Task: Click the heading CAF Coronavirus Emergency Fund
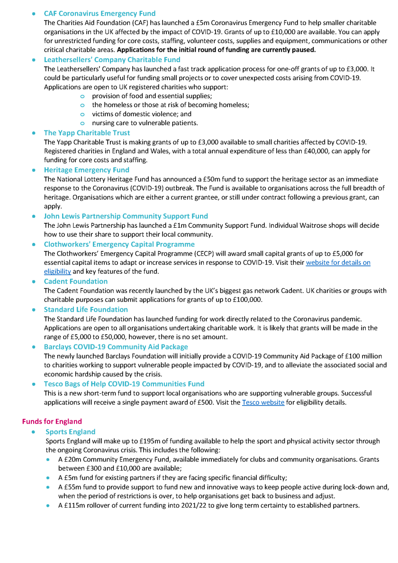[x=99, y=14]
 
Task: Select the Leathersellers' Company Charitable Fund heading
[x=112, y=60]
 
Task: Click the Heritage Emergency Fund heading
[x=86, y=170]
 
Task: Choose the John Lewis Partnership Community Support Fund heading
[x=126, y=216]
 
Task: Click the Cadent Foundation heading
[x=76, y=281]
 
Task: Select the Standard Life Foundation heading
[x=86, y=310]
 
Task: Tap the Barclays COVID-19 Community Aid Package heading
[x=116, y=347]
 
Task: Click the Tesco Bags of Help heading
[x=124, y=384]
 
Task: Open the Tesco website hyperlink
[x=263, y=402]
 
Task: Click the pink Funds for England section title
[x=52, y=421]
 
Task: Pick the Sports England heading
[x=70, y=432]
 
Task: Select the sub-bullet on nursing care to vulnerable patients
[x=145, y=123]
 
